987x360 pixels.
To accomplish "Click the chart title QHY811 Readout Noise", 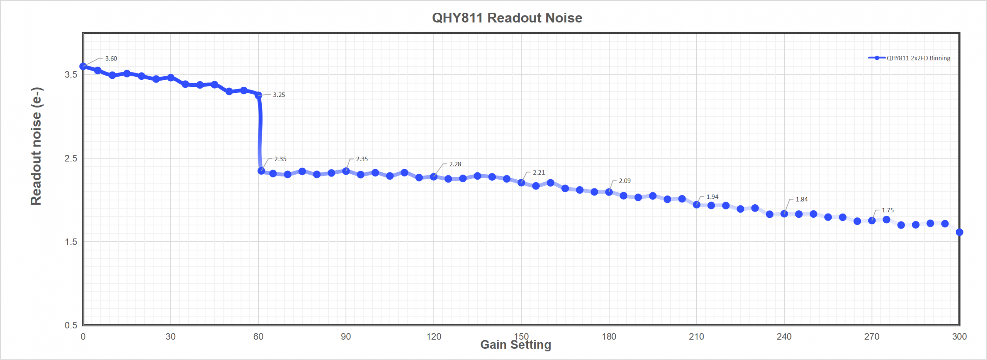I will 507,18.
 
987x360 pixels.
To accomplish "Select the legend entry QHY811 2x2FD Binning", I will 918,58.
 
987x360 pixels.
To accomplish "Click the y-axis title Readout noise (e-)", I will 36,146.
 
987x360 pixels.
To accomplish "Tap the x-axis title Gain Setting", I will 515,345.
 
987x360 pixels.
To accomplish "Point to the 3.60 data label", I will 111,59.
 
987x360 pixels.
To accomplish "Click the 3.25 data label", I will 279,95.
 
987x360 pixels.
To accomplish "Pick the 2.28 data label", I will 455,164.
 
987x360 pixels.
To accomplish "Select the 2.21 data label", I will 539,173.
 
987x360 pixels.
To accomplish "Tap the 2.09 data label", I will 625,181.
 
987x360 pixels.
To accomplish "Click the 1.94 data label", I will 712,197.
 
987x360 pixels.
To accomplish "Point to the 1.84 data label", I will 802,200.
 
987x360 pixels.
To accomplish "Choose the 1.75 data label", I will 888,210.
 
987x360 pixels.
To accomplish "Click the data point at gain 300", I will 959,232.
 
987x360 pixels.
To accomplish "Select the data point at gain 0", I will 83,66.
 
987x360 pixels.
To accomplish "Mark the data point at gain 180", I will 609,192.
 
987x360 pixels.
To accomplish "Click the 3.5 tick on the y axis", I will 71,75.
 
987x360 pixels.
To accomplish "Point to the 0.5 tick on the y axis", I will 71,325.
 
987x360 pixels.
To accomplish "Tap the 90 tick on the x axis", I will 346,337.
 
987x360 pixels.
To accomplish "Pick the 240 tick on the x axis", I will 784,337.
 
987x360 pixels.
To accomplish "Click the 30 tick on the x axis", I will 170,337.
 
